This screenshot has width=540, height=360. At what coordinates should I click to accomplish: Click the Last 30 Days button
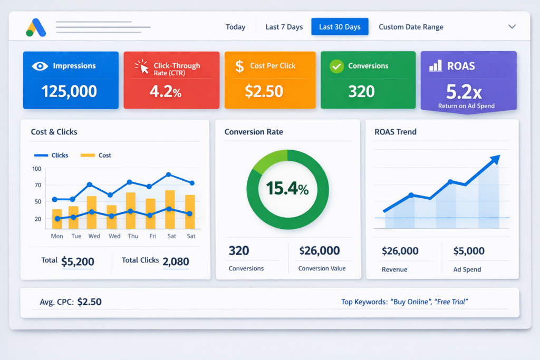[340, 27]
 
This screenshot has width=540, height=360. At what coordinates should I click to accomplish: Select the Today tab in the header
[235, 27]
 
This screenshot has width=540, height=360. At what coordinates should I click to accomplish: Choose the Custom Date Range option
[411, 27]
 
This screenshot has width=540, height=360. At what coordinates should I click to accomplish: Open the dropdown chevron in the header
[512, 26]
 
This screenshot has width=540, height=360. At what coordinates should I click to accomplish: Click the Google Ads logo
[36, 27]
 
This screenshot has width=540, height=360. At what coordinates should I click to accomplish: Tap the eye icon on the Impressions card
[40, 66]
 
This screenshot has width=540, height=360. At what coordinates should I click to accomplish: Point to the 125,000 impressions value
[69, 91]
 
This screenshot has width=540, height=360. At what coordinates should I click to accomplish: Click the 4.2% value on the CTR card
[166, 92]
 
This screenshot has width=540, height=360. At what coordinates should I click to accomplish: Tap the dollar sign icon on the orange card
[239, 66]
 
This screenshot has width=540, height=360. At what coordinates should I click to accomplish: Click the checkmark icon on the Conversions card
[336, 66]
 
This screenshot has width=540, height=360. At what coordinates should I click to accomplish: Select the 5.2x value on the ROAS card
[464, 92]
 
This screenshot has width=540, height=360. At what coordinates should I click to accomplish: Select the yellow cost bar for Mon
[57, 219]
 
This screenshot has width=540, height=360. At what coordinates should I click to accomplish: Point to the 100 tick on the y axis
[36, 169]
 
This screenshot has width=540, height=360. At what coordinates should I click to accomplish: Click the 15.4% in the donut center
[287, 188]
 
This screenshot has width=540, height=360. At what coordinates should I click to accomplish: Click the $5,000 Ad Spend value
[468, 251]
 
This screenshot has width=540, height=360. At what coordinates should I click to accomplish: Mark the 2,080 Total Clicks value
[176, 261]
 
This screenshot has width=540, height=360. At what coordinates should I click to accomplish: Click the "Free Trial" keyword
[451, 301]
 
